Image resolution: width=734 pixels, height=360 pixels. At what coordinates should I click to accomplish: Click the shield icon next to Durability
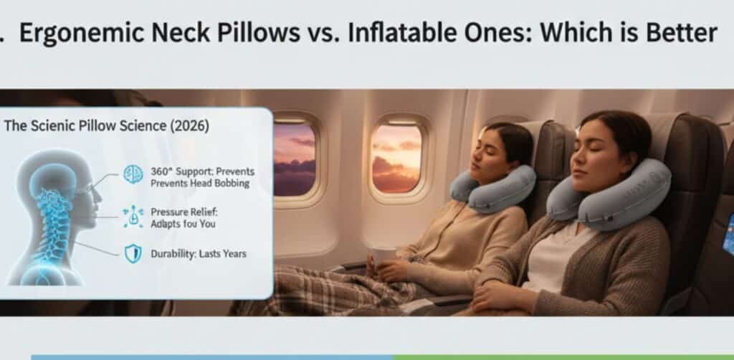click(133, 254)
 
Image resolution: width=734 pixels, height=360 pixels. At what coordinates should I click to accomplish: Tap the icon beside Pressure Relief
click(133, 216)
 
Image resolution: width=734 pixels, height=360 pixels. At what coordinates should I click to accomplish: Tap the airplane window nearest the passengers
click(395, 156)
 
